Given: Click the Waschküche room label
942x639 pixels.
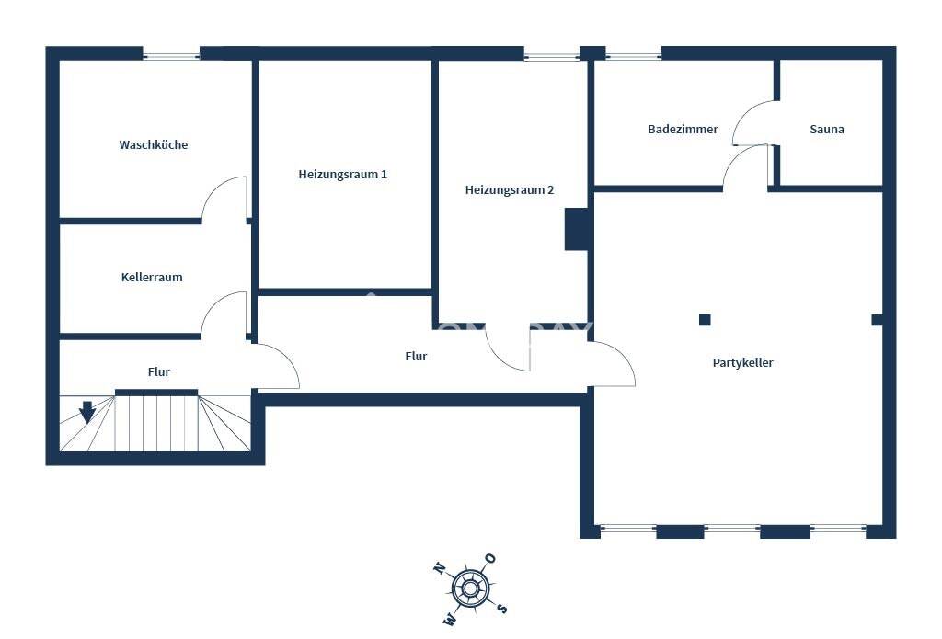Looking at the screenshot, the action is pos(154,144).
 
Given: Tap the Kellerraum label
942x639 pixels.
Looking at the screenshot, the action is pos(152,277).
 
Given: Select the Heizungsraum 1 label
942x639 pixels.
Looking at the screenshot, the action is pos(342,174).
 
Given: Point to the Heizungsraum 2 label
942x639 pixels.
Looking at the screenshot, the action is pos(510,189).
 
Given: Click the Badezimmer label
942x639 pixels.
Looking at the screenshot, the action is pos(683,129).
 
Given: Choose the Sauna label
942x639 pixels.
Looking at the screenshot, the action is pos(827,129).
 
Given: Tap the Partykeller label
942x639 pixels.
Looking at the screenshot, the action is pos(742,363).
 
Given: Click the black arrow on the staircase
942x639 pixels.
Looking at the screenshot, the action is pos(87,412).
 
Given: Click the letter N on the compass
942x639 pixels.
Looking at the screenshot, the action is pos(439,567).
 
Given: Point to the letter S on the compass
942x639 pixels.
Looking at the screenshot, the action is pos(502,609).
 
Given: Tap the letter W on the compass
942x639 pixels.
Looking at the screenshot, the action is pos(449,619).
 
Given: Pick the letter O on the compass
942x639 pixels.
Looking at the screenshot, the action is pos(491,558).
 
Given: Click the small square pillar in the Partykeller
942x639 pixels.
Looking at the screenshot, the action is pos(705,320).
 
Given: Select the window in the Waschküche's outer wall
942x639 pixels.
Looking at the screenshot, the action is pos(171,56).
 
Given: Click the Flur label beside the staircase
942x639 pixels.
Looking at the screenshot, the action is pos(158,371).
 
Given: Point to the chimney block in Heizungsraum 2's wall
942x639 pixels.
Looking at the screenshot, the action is pos(576,229).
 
